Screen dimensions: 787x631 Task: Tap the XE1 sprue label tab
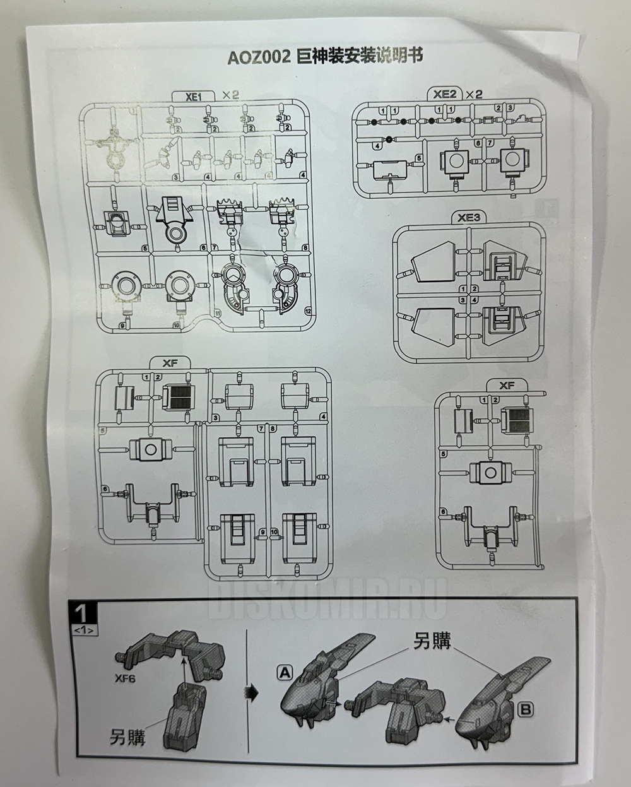pos(192,96)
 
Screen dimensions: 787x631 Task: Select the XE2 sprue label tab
pos(445,94)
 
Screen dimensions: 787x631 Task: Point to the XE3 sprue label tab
pos(469,218)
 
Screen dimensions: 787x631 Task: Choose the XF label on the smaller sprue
pos(507,385)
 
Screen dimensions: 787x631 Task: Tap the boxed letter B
pos(525,709)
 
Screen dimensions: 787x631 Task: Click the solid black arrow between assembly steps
pos(252,693)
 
